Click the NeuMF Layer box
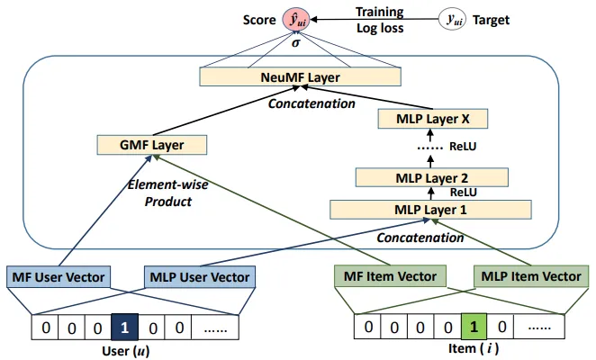300,78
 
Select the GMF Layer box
151,144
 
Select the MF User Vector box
59,276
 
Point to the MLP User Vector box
197,276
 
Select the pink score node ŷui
298,19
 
